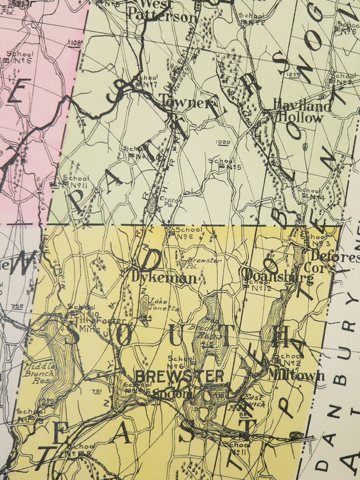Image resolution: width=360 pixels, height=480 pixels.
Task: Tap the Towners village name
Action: click(185, 103)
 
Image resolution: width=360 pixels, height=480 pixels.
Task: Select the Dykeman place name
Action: click(165, 277)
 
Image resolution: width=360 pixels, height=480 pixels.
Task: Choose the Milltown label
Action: click(296, 375)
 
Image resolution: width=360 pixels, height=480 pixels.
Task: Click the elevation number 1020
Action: click(224, 142)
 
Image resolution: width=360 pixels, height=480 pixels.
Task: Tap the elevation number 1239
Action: click(294, 74)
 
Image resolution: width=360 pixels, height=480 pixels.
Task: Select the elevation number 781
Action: click(96, 391)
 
